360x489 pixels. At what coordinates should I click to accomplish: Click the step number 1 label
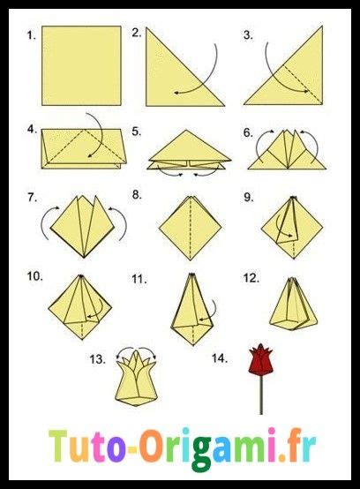pos(32,36)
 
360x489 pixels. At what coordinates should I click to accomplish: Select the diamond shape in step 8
pos(189,228)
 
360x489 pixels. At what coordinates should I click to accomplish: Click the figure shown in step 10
pos(83,305)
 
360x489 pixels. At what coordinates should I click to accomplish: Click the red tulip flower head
pos(260,361)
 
